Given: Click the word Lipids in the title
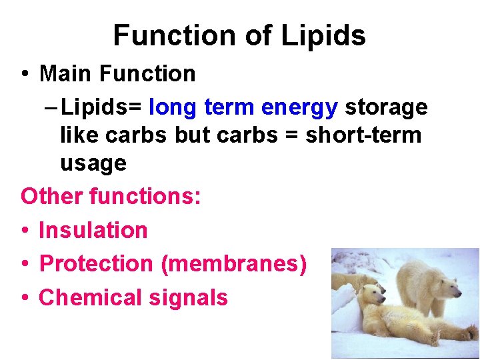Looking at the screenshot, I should click(323, 35).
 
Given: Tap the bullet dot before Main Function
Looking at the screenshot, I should click(24, 74).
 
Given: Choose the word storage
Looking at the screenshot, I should click(386, 107).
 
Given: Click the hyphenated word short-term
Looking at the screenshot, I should click(363, 135).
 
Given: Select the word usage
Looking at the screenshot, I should click(93, 163).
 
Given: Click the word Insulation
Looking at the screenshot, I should click(93, 230).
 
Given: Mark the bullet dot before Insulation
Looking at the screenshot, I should click(24, 231).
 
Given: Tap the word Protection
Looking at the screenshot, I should click(96, 264).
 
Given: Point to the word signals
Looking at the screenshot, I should click(189, 297).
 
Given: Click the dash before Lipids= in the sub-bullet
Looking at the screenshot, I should click(49, 107).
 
